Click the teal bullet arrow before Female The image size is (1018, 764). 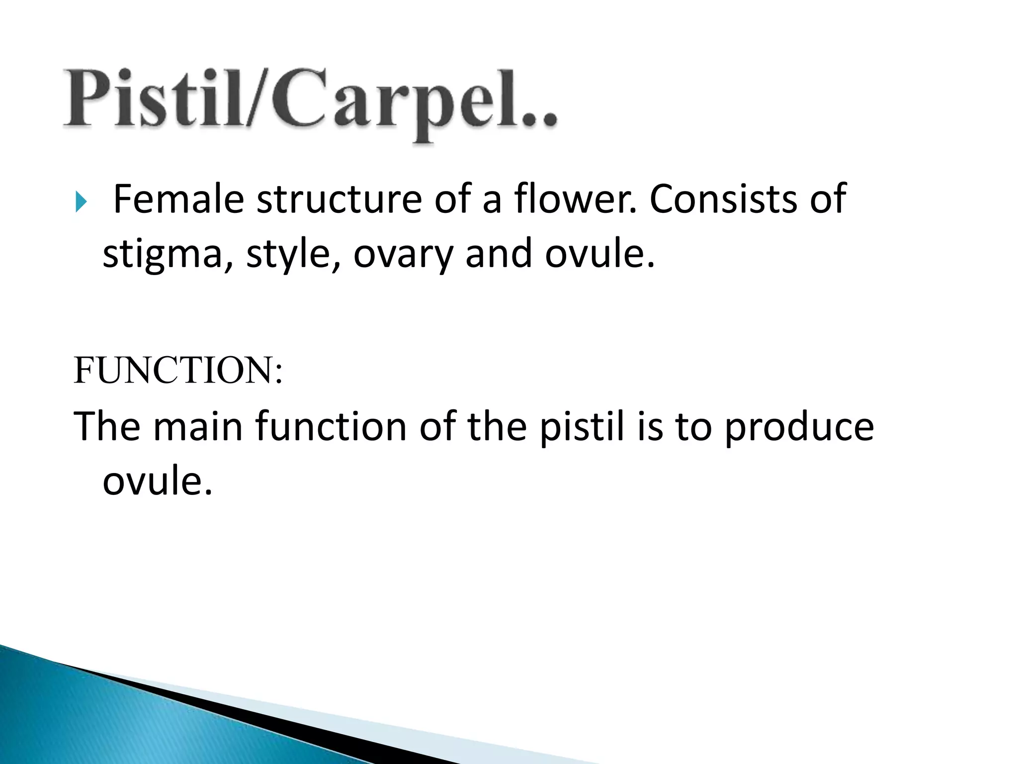pos(81,202)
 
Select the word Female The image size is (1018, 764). pos(178,199)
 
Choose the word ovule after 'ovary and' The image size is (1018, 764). pos(599,254)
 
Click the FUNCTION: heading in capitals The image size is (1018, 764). pos(178,371)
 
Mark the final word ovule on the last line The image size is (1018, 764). pos(157,481)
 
